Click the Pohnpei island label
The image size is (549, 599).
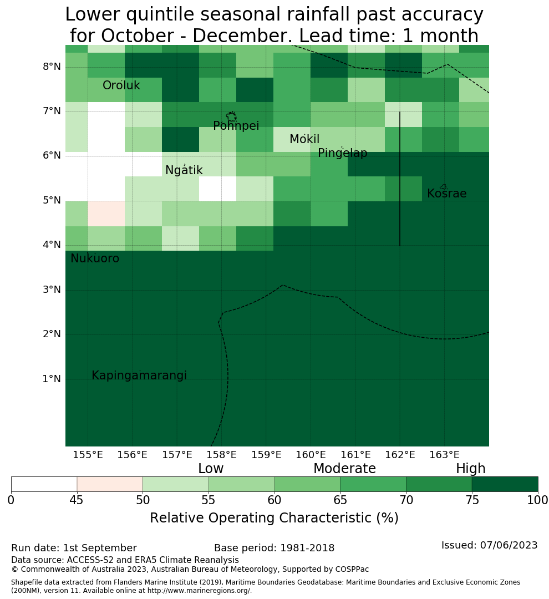click(x=236, y=126)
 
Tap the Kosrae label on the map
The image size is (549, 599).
click(x=446, y=194)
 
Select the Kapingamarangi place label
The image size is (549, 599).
click(x=139, y=375)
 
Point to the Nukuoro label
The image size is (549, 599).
click(x=95, y=258)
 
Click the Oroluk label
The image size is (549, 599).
click(x=121, y=85)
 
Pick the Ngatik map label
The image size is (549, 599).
click(x=184, y=170)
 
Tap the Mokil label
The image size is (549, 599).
click(x=304, y=139)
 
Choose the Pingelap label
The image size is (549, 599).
click(x=343, y=153)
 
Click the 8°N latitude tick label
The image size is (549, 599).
click(x=52, y=67)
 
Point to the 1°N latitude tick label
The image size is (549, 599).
click(x=52, y=379)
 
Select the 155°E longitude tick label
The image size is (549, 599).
click(x=88, y=455)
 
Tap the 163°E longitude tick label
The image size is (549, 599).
click(x=444, y=455)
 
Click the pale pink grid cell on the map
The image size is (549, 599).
click(x=106, y=214)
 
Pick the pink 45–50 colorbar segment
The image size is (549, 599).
click(x=110, y=484)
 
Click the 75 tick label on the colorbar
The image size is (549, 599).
click(x=472, y=500)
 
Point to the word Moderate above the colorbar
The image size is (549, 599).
click(x=344, y=468)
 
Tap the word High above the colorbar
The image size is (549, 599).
click(x=471, y=468)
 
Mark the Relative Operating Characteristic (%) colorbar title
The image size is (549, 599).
click(x=274, y=518)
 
